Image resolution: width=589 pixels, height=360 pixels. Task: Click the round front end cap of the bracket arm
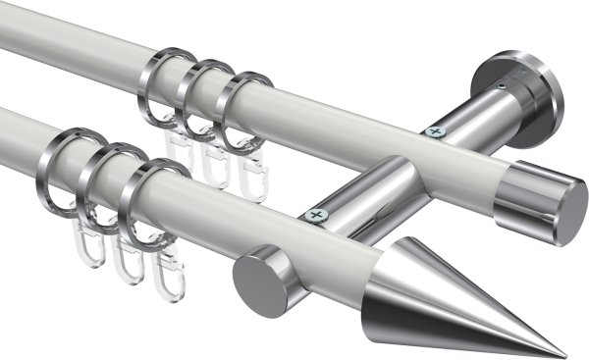(259, 280)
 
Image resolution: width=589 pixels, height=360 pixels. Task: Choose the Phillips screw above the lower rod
(315, 213)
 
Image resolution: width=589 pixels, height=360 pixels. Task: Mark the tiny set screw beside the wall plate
(503, 85)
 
